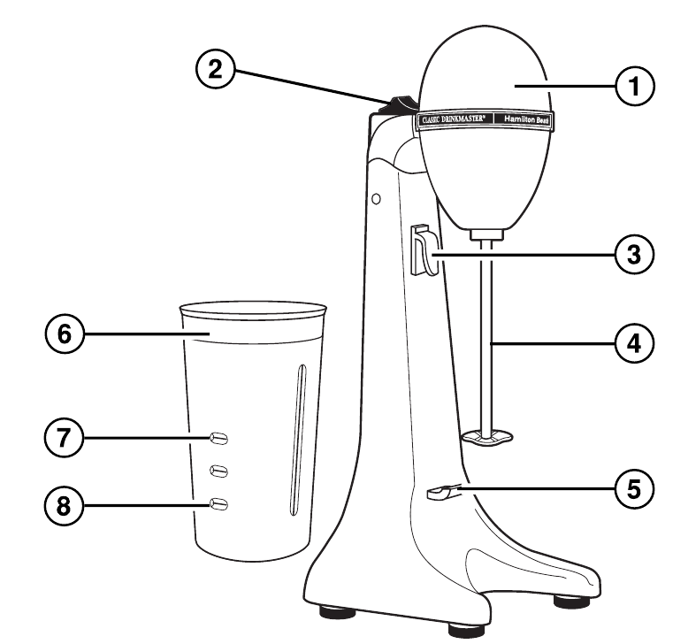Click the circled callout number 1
634,86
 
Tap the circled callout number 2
215,69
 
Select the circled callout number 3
634,254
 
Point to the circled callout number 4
634,343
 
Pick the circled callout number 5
634,488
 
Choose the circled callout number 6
64,333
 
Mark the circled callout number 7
64,438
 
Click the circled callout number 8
64,506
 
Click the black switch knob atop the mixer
400,105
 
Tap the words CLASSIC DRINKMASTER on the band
454,119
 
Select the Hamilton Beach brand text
526,119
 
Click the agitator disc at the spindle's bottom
487,437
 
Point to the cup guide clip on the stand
424,249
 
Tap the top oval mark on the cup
219,438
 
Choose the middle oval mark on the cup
219,471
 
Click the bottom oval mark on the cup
219,504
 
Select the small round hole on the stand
376,199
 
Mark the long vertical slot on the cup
298,440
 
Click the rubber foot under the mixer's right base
572,601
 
